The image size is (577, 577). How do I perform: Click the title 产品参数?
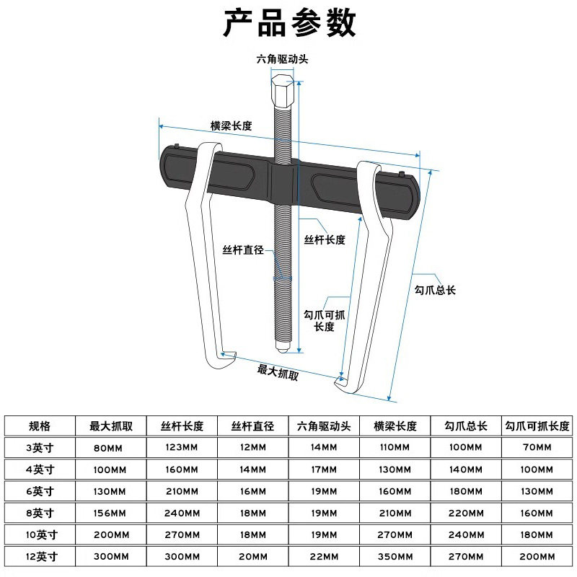pyautogui.click(x=288, y=23)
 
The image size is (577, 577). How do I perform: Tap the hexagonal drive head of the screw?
pyautogui.click(x=282, y=92)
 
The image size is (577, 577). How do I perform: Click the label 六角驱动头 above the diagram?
pyautogui.click(x=283, y=59)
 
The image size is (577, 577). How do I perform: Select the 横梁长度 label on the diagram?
pyautogui.click(x=231, y=125)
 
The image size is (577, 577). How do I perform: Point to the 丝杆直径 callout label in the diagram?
pyautogui.click(x=243, y=250)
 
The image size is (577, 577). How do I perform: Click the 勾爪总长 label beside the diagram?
pyautogui.click(x=436, y=290)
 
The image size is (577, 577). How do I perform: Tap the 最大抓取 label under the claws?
pyautogui.click(x=278, y=372)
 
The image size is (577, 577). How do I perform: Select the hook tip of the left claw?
pyautogui.click(x=230, y=353)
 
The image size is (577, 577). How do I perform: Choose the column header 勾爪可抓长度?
pyautogui.click(x=537, y=426)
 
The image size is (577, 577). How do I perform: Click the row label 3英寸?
pyautogui.click(x=40, y=448)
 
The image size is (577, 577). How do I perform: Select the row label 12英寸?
pyautogui.click(x=40, y=557)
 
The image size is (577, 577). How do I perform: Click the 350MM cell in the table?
pyautogui.click(x=395, y=557)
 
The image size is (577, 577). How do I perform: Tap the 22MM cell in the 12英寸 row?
pyautogui.click(x=324, y=557)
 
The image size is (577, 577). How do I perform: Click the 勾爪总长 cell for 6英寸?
pyautogui.click(x=466, y=492)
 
